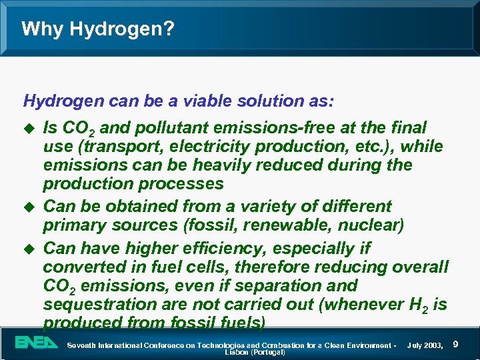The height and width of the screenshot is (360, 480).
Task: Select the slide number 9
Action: click(455, 344)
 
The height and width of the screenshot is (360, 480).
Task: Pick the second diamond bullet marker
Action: click(27, 207)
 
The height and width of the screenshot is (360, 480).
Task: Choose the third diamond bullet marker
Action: click(27, 248)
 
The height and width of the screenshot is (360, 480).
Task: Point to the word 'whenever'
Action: click(346, 305)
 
